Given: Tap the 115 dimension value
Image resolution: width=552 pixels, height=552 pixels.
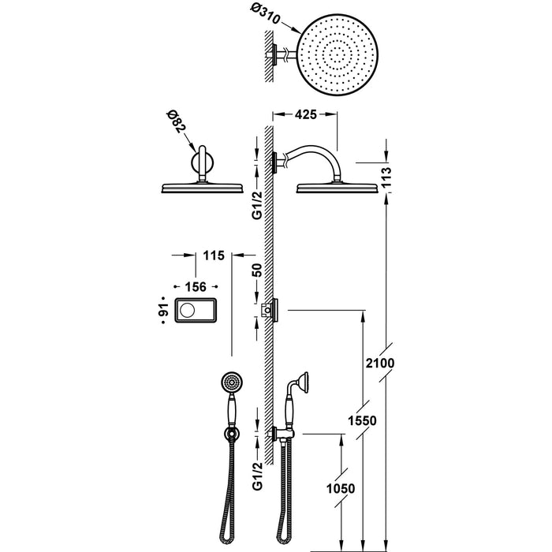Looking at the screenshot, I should [x=214, y=255].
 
